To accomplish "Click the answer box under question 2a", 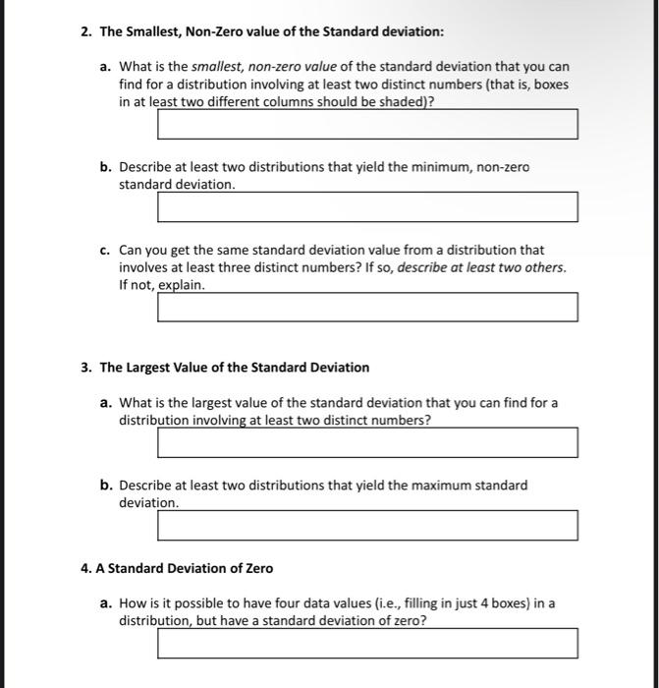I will click(367, 125).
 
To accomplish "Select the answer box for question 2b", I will click(367, 207).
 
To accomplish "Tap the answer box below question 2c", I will click(367, 307).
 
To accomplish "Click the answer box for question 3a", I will click(367, 442).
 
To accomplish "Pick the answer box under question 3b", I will click(367, 525).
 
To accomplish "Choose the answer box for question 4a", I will click(367, 644).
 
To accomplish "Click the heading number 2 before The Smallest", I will click(85, 32).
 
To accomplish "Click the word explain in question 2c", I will click(184, 285).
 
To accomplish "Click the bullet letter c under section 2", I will click(105, 250).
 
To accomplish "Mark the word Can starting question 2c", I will click(131, 250).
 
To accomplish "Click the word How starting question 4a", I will click(132, 603).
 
